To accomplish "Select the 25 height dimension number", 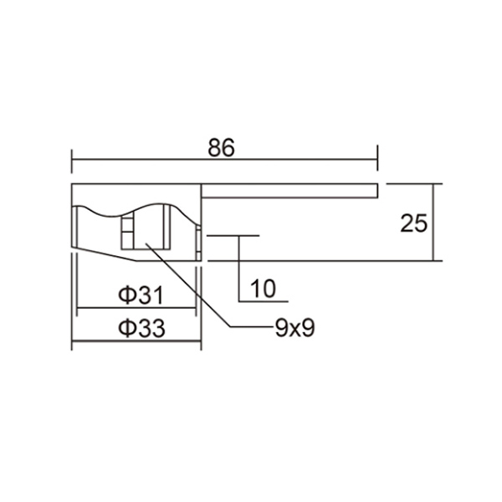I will tap(414, 223).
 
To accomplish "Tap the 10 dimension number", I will tap(263, 289).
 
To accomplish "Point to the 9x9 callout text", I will tap(294, 328).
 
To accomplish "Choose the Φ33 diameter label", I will tap(140, 328).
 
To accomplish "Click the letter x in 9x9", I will tap(294, 329).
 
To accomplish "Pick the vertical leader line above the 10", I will tap(241, 268).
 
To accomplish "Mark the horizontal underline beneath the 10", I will tap(264, 300).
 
